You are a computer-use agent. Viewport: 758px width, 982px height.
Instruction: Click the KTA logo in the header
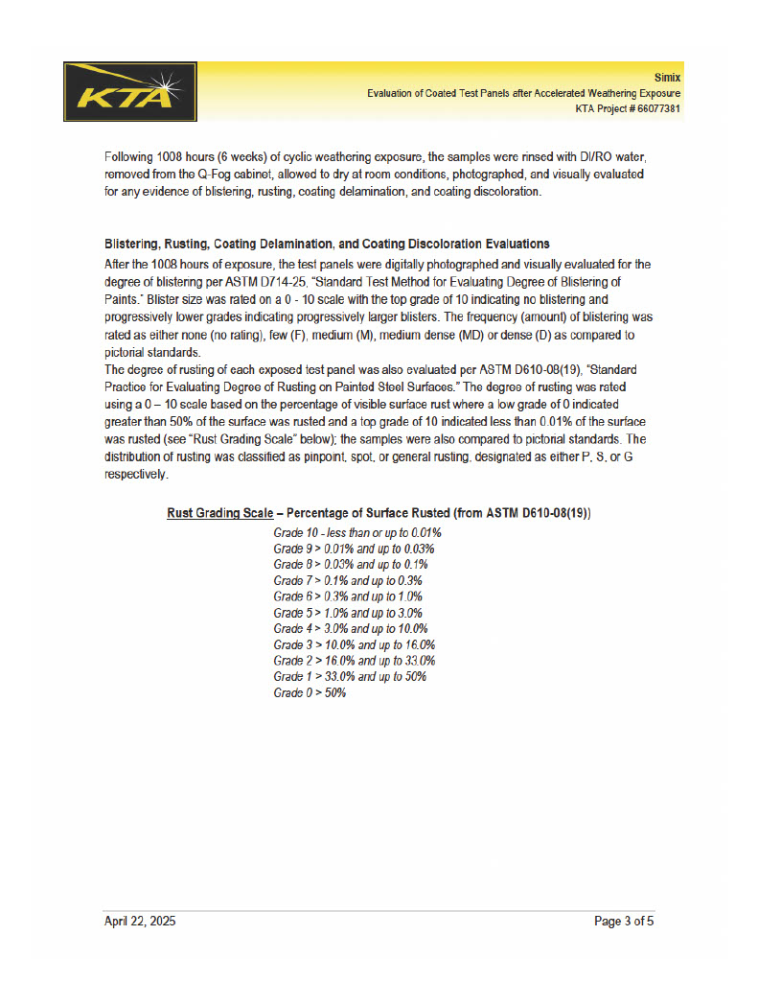coord(130,92)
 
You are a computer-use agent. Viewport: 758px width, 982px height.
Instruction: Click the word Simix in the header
coord(667,77)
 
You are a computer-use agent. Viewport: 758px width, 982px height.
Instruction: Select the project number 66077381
coord(655,109)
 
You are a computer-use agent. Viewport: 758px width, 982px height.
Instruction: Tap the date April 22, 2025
coord(140,922)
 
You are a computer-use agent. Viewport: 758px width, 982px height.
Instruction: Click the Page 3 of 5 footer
coord(624,922)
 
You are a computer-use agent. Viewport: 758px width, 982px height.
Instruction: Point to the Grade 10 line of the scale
coord(356,532)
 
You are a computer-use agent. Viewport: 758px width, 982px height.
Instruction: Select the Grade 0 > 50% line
coord(310,692)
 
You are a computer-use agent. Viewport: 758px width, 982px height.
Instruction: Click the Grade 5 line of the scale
coord(348,613)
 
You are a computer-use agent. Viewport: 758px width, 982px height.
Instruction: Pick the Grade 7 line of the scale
coord(348,580)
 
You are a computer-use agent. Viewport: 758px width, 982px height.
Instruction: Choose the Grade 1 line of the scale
coord(350,676)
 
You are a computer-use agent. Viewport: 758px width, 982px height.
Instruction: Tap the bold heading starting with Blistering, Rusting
coord(327,244)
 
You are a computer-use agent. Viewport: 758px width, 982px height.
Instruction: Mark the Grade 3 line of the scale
coord(354,644)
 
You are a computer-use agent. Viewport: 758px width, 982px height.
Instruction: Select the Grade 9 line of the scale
coord(354,549)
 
